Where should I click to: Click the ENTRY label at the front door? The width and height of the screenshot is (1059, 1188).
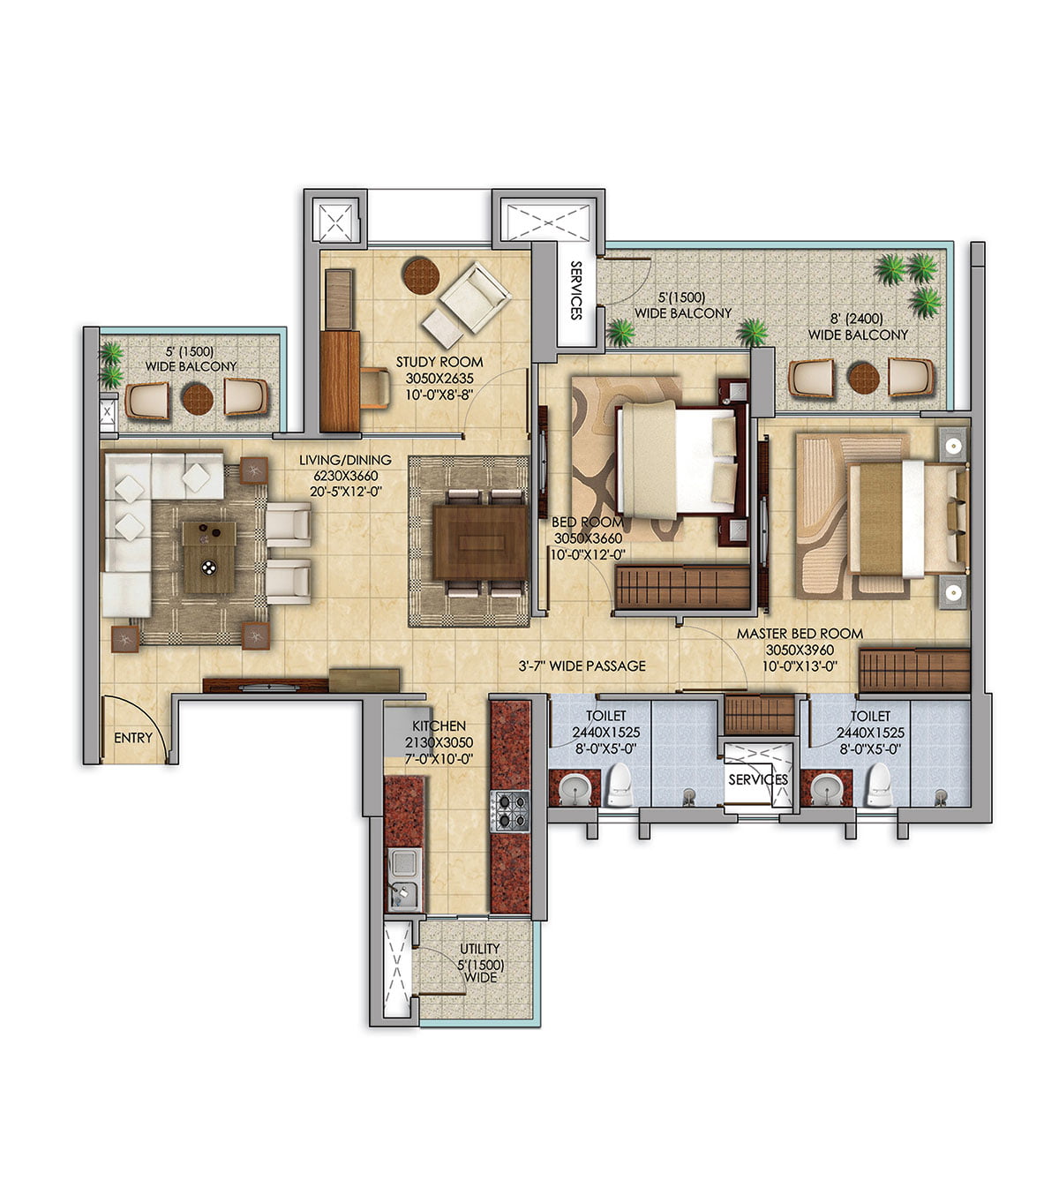pyautogui.click(x=133, y=738)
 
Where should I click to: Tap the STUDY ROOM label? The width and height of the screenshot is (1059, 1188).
pyautogui.click(x=439, y=362)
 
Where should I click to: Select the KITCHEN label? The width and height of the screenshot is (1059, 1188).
pyautogui.click(x=439, y=726)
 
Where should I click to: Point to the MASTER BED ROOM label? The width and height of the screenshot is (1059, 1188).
pyautogui.click(x=800, y=634)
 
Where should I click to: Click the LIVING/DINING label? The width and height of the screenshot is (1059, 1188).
pyautogui.click(x=345, y=461)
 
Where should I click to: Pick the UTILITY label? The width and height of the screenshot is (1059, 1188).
pyautogui.click(x=480, y=948)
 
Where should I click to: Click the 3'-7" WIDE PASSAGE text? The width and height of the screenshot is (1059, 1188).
pyautogui.click(x=582, y=665)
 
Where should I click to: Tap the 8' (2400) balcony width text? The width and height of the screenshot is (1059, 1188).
pyautogui.click(x=857, y=319)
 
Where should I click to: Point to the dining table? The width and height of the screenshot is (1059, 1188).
pyautogui.click(x=480, y=543)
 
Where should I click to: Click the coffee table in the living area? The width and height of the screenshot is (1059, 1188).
pyautogui.click(x=209, y=557)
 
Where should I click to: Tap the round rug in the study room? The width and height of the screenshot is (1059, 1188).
pyautogui.click(x=421, y=276)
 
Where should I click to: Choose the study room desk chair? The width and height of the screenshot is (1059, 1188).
pyautogui.click(x=375, y=387)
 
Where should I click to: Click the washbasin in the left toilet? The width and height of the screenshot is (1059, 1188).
pyautogui.click(x=574, y=788)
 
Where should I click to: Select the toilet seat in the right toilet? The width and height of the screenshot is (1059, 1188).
pyautogui.click(x=880, y=784)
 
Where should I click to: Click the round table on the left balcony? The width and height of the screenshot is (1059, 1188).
pyautogui.click(x=197, y=399)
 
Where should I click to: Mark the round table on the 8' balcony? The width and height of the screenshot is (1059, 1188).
pyautogui.click(x=863, y=379)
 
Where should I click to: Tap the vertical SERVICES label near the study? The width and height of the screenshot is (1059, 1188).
pyautogui.click(x=575, y=290)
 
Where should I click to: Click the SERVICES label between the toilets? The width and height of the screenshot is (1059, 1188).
pyautogui.click(x=757, y=779)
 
